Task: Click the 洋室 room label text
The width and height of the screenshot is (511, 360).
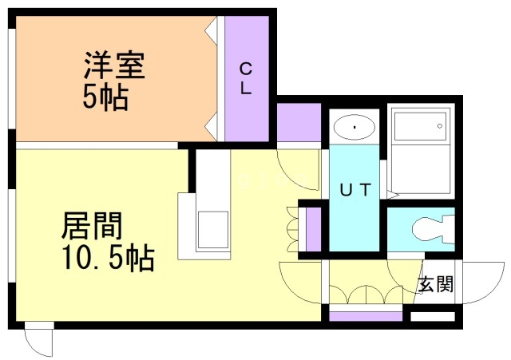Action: coord(114,65)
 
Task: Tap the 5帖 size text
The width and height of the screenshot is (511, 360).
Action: coord(105,97)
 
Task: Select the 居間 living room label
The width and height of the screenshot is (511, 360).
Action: coord(92,225)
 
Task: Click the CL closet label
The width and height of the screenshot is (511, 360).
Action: coord(246,78)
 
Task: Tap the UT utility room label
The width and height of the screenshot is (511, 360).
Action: coord(355,190)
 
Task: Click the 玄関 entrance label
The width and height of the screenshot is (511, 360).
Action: coord(436,283)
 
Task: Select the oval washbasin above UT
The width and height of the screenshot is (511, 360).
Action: coord(355,128)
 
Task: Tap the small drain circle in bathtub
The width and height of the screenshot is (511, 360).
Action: coord(440,126)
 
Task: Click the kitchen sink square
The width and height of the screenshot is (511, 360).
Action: coord(212,230)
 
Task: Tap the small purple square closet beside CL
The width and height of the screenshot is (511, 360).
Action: coord(299,122)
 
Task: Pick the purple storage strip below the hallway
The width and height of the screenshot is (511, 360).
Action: coord(366,316)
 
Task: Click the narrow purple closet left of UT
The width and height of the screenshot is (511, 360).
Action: coord(314,229)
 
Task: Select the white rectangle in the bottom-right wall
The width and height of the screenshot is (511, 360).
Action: coord(433,316)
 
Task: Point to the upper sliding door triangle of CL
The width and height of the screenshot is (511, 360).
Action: coord(211,30)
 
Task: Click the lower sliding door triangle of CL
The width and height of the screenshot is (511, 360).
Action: coord(211,127)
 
